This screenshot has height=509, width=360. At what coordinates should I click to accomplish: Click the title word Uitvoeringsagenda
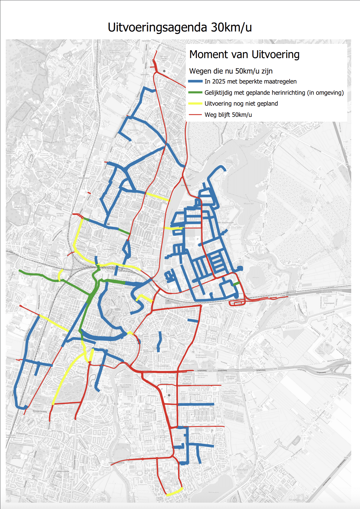point(157,28)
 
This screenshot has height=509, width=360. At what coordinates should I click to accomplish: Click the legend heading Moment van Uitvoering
point(244,55)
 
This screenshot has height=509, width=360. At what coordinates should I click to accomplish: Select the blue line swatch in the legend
point(195,81)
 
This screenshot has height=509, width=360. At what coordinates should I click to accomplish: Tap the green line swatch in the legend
point(195,93)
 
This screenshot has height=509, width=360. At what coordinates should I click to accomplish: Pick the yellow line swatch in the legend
point(195,103)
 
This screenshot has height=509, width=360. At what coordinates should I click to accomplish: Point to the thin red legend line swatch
point(195,115)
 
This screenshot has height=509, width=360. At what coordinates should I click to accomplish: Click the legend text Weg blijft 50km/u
point(228,115)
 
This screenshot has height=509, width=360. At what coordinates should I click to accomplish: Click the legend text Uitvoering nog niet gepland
point(241,103)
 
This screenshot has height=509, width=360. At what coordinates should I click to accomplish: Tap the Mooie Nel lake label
point(249,204)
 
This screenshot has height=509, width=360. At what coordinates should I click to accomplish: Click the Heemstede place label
point(63,471)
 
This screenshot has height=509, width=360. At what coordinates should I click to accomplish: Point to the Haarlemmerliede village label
point(294,265)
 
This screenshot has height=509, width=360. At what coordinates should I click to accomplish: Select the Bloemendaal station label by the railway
point(84,178)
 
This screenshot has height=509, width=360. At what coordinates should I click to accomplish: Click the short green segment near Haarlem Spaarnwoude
point(236,284)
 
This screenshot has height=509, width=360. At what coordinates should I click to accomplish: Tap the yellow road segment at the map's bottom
point(175,491)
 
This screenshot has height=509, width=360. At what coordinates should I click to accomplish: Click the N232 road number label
point(239,383)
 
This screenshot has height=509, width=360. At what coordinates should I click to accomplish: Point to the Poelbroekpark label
point(242,470)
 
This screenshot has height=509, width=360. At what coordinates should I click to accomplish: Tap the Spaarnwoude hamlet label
point(320,179)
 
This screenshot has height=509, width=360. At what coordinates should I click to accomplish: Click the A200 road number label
point(283,296)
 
